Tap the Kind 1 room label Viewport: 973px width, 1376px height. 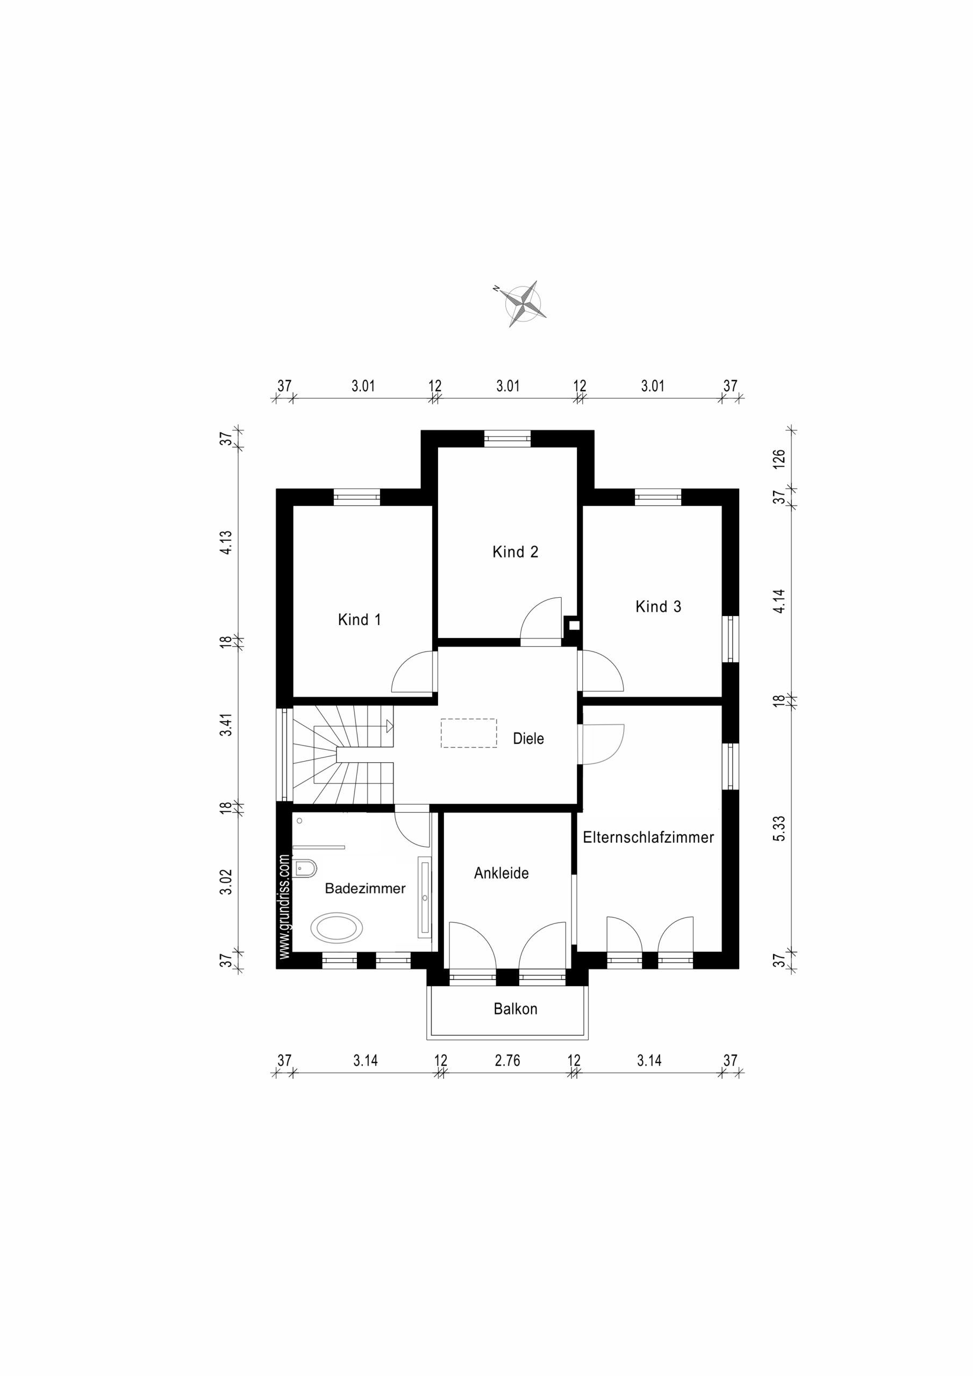coord(359,620)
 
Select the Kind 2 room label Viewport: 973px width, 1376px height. coord(515,552)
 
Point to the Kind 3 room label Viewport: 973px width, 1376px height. coord(659,606)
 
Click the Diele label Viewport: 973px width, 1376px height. coord(528,739)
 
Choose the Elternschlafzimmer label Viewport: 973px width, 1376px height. coord(648,837)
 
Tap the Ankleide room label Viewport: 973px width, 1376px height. coord(501,873)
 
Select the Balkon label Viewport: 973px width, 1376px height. coord(515,1009)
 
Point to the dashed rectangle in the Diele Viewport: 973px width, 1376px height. coord(469,733)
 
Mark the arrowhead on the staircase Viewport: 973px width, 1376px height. coord(389,726)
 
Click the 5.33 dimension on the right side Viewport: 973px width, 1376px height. coord(778,829)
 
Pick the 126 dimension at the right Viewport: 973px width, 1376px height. coord(778,458)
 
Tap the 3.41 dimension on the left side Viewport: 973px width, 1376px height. coord(225,724)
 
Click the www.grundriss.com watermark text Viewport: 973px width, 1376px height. coord(284,906)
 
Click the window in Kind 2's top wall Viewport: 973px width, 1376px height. coord(507,438)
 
